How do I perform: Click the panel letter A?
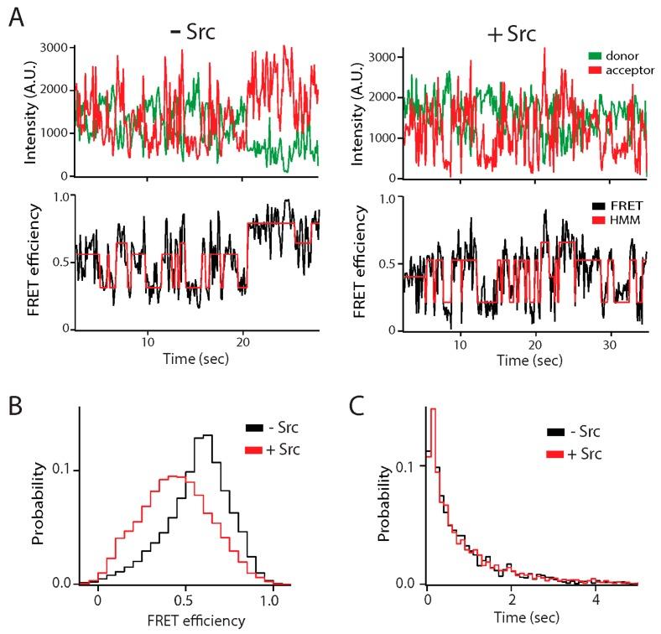[16, 18]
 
